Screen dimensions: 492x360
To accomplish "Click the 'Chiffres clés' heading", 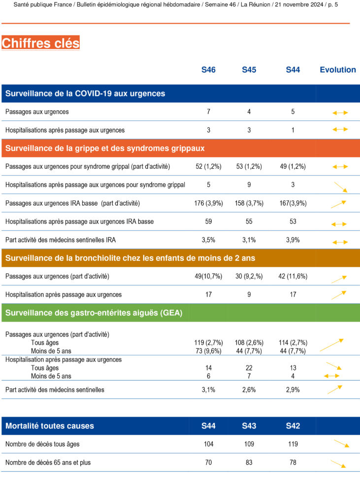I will point(40,43).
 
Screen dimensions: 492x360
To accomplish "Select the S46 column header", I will point(208,70).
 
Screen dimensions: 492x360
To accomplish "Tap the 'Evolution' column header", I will point(337,70).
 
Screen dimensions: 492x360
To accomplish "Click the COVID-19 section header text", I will point(85,93).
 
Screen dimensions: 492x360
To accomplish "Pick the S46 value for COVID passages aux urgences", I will point(208,112).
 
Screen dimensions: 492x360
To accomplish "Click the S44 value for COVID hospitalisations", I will point(293,130).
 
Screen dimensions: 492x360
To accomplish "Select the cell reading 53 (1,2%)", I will point(249,167).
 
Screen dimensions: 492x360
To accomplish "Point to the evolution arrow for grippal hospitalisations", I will point(340,186).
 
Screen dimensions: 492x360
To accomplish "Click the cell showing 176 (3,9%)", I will point(209,203).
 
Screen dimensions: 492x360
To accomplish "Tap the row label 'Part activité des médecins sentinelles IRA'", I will point(61,240).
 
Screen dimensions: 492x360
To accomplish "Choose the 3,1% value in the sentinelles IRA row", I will point(249,240).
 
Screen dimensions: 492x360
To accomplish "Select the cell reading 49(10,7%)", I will point(209,277).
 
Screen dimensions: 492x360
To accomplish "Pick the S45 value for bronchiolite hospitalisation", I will point(249,295).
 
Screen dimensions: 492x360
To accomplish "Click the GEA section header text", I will point(94,313).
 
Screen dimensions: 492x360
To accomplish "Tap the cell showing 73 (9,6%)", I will point(209,351).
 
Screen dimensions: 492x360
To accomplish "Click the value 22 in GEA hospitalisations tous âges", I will point(249,368).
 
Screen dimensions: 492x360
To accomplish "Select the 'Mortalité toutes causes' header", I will point(50,426).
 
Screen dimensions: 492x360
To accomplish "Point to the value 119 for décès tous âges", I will point(293,444).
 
